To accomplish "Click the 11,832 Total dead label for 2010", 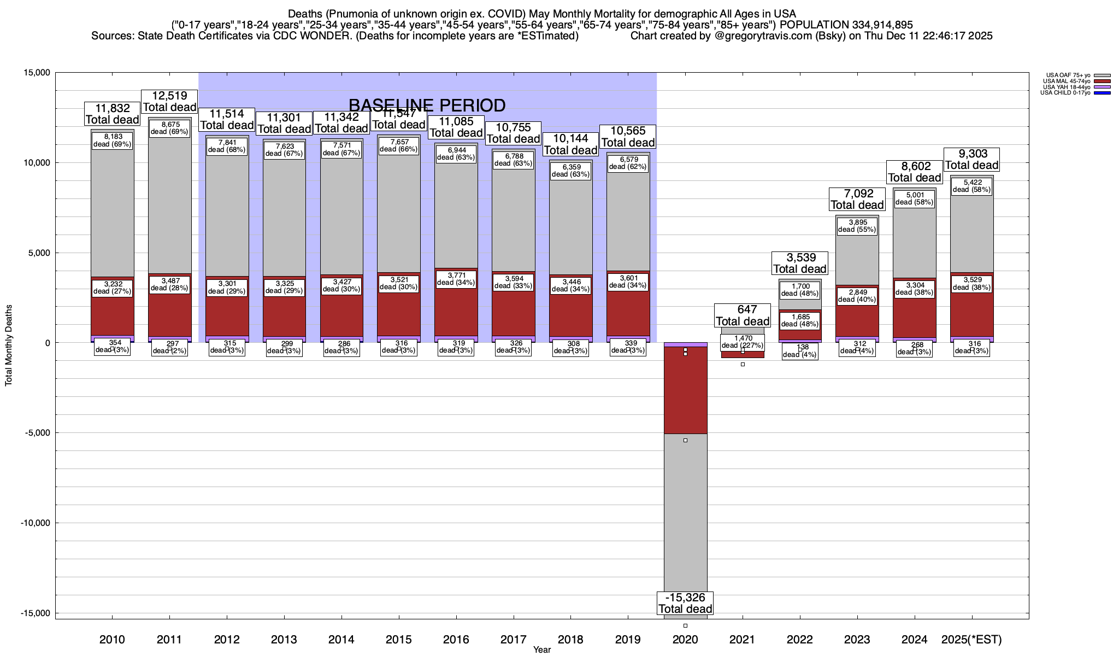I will pyautogui.click(x=113, y=114).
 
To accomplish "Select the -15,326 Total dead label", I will pyautogui.click(x=685, y=603).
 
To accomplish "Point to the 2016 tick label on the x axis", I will pyautogui.click(x=456, y=639).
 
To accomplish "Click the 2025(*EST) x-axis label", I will pyautogui.click(x=971, y=639).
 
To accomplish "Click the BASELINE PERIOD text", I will pyautogui.click(x=427, y=105).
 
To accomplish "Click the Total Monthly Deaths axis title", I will pyautogui.click(x=9, y=353).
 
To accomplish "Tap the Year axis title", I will pyautogui.click(x=542, y=649).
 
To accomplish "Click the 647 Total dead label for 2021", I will pyautogui.click(x=743, y=315).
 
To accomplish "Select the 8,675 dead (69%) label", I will pyautogui.click(x=169, y=128).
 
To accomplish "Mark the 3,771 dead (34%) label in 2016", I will pyautogui.click(x=456, y=279).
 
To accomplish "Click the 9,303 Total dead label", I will pyautogui.click(x=972, y=160).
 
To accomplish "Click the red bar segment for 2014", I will pyautogui.click(x=341, y=317).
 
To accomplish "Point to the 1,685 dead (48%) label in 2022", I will pyautogui.click(x=800, y=320).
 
